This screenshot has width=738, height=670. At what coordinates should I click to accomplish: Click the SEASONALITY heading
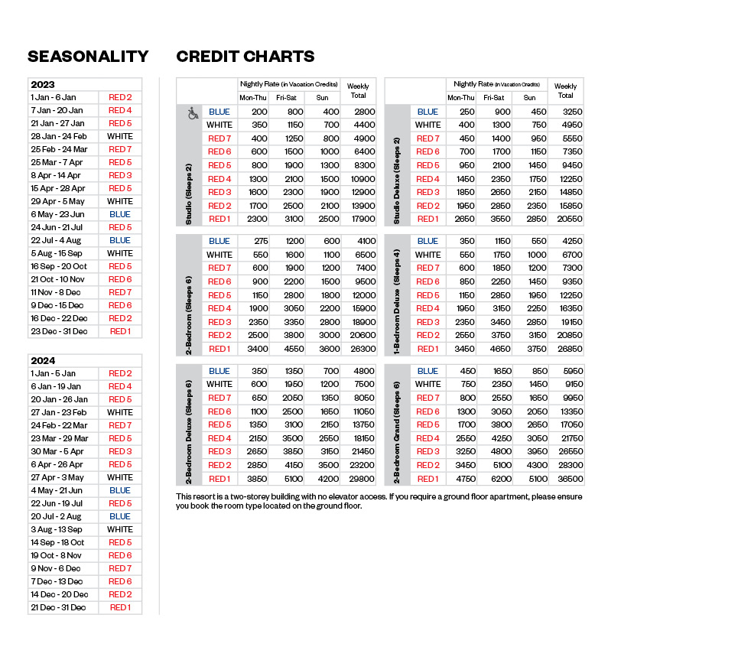(x=88, y=57)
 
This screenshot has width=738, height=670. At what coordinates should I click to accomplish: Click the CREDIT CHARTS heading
(x=245, y=57)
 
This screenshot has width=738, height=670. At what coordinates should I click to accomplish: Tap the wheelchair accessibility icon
(x=193, y=113)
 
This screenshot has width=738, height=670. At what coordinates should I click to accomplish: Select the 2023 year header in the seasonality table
(x=43, y=85)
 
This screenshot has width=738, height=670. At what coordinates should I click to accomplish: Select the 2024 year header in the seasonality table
(x=43, y=360)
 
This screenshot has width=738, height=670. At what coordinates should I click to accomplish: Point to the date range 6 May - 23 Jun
(x=58, y=215)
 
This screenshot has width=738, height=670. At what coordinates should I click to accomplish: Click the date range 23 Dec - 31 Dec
(x=59, y=332)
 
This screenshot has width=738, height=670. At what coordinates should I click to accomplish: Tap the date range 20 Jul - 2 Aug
(x=57, y=516)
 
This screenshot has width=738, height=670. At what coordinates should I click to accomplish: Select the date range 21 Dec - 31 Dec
(x=58, y=607)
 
